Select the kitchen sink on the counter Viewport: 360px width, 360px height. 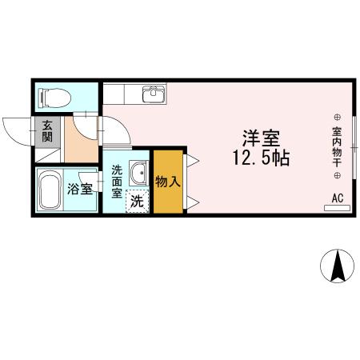click(154, 94)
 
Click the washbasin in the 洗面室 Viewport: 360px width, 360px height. click(138, 172)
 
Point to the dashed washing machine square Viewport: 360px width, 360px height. click(138, 201)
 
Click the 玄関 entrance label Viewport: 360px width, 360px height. click(47, 130)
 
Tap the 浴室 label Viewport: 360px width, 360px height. click(79, 190)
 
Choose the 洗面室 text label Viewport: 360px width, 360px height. click(117, 181)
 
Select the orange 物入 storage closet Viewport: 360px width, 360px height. click(167, 181)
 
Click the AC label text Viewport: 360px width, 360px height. click(337, 198)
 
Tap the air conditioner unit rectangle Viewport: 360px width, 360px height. click(336, 208)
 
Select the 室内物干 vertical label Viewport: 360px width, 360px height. click(337, 143)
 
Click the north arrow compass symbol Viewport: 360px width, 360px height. click(337, 266)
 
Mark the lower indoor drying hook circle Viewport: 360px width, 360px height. click(337, 174)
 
